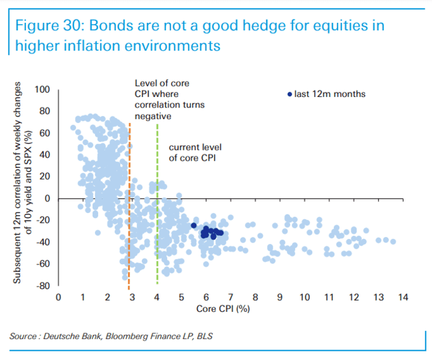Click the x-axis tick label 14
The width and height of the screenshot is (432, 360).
403,298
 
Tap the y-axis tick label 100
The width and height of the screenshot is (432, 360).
42,90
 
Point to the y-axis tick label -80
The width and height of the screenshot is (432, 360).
43,286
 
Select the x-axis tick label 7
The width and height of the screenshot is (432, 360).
231,298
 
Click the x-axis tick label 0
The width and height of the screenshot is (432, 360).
59,298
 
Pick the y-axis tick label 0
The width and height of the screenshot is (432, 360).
48,198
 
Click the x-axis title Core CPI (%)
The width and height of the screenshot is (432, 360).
223,309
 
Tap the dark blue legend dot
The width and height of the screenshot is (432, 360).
289,94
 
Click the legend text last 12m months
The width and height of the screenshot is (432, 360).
330,94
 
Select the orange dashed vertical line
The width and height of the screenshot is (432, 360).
129,206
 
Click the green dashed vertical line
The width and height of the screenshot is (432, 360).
157,204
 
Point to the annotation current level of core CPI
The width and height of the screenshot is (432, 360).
195,153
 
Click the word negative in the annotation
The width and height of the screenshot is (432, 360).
153,116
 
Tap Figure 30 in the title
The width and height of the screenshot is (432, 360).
49,26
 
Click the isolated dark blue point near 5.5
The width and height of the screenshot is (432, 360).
194,225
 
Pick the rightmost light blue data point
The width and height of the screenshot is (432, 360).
393,241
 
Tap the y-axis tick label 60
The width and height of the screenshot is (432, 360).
44,133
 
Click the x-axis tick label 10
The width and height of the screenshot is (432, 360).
304,298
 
